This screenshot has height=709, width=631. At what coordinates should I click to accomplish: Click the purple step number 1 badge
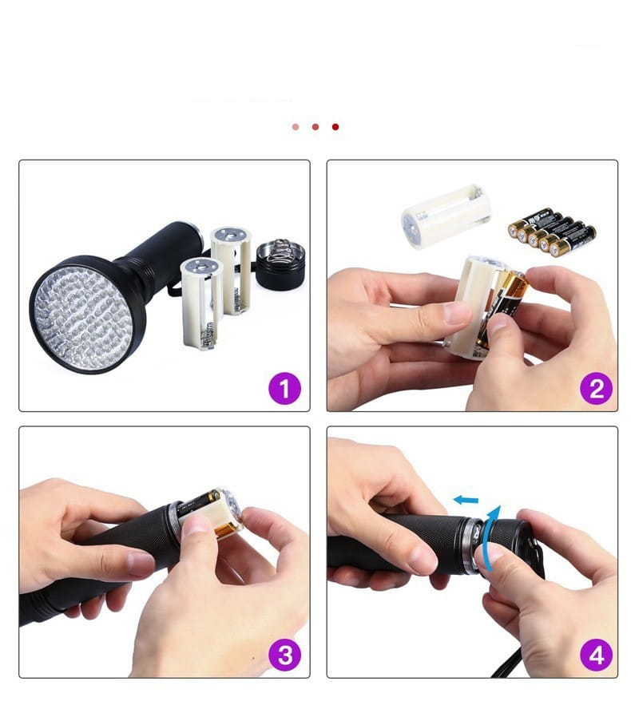pos(284,390)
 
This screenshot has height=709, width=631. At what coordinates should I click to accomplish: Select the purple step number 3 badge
pos(284,656)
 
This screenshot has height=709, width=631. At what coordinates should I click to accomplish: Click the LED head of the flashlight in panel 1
pos(87,312)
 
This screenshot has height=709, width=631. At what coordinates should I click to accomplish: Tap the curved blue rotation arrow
pos(493,527)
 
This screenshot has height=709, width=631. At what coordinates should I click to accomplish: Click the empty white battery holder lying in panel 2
pos(446,216)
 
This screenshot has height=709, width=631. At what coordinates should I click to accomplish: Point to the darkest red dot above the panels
pos(335,127)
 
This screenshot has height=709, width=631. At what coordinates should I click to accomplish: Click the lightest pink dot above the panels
pos(296,127)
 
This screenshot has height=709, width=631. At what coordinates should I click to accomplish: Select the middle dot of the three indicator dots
pos(315,127)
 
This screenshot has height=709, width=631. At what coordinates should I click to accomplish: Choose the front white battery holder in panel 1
pos(200,302)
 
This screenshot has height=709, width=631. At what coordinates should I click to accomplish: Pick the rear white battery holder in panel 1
pos(231,267)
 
